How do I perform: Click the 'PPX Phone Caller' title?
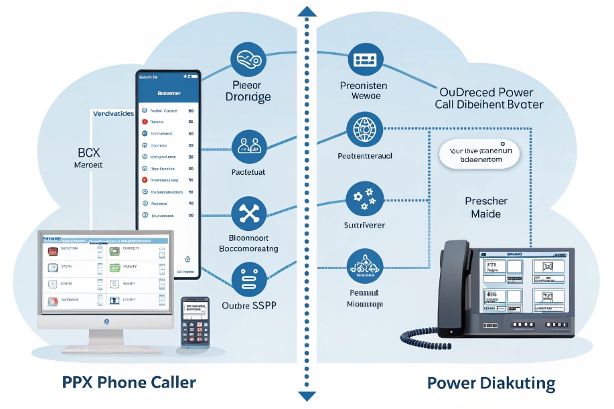click(129, 383)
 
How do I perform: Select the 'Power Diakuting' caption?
click(491, 384)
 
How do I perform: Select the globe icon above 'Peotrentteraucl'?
click(365, 129)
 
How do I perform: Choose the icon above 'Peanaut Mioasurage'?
click(365, 266)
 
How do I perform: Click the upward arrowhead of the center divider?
click(307, 11)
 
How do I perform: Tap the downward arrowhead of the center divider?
click(307, 396)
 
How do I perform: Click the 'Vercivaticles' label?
click(111, 114)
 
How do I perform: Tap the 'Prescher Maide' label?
click(486, 208)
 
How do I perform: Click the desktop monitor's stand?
click(106, 338)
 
